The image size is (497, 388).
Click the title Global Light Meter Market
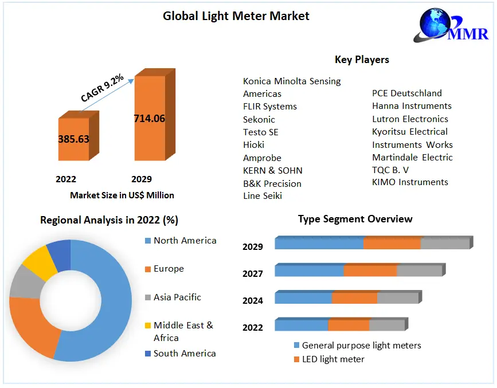point(236,16)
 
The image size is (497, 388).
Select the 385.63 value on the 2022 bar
point(73,139)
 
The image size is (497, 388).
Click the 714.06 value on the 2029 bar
point(149,119)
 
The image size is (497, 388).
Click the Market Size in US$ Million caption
point(122,195)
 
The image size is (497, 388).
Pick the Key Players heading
point(362,60)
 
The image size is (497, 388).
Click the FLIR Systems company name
point(270,107)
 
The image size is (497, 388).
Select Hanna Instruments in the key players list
point(412,106)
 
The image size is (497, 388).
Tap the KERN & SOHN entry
point(272,171)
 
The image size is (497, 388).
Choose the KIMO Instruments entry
point(410,182)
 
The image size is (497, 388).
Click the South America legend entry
point(185,354)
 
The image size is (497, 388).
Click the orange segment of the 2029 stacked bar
point(392,243)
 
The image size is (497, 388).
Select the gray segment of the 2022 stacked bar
point(387,326)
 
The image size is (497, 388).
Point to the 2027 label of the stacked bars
point(253,274)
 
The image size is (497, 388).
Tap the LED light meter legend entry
point(333,359)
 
